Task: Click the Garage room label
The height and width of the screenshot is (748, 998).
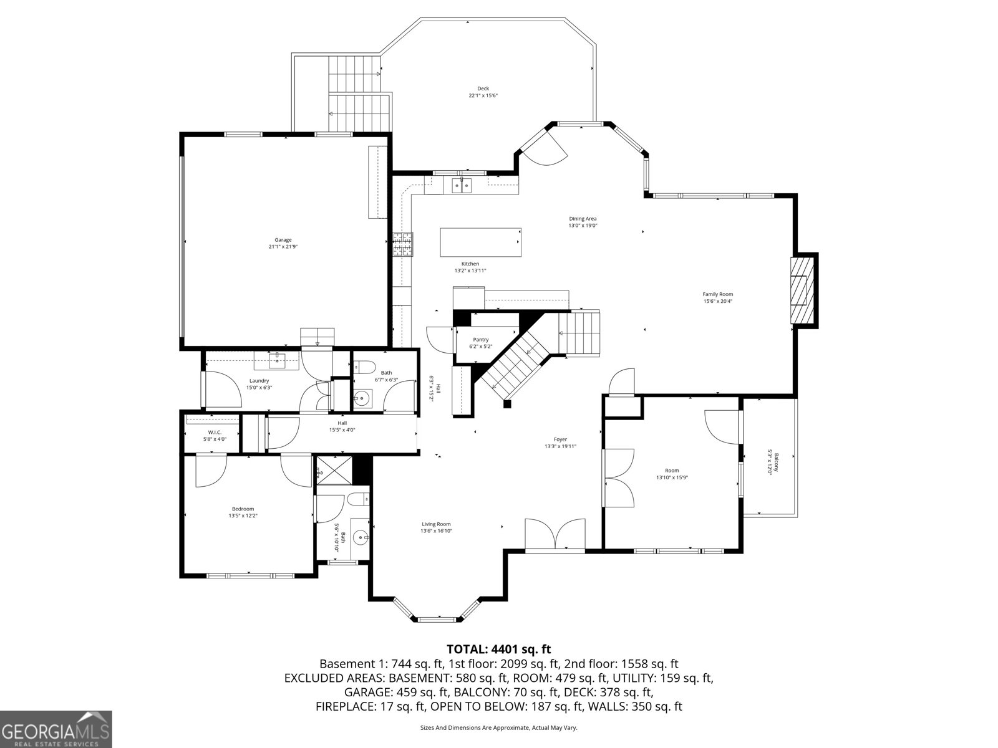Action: (283, 240)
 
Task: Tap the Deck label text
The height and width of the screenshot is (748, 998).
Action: (483, 89)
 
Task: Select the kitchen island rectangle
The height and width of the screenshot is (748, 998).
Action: (480, 242)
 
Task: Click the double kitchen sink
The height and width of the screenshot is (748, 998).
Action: (462, 186)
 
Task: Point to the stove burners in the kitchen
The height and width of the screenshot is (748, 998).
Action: (403, 244)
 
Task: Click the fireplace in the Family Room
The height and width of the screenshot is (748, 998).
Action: (803, 290)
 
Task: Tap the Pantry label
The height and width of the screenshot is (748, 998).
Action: (480, 340)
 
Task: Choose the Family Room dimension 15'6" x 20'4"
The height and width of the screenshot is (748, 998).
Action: (718, 301)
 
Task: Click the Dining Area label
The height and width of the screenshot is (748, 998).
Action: (583, 219)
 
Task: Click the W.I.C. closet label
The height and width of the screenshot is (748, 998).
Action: (215, 433)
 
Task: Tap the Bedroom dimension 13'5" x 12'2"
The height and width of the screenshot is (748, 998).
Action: (243, 516)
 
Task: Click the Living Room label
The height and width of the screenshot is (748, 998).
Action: (436, 524)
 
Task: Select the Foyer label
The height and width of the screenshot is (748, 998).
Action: (560, 439)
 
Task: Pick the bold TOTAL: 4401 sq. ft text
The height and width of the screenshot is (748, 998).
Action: (499, 650)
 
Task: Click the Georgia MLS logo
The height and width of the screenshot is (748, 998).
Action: (56, 729)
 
